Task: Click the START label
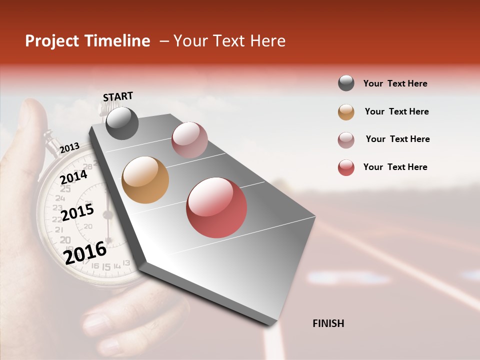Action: tap(118, 96)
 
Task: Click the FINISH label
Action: tap(328, 323)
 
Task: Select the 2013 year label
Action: tap(69, 147)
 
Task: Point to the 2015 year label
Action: tap(77, 212)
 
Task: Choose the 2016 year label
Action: tap(85, 252)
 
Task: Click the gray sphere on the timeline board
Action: tap(122, 123)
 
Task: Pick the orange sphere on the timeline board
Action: tap(145, 180)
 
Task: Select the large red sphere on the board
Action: tap(216, 207)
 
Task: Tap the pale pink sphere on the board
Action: tap(189, 140)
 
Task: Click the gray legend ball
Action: tap(346, 83)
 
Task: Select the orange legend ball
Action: tap(346, 111)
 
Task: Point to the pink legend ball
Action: tap(346, 139)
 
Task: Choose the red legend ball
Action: tap(346, 167)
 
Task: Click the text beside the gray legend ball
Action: tap(395, 83)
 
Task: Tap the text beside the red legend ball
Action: tap(395, 167)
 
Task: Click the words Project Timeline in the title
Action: tap(87, 41)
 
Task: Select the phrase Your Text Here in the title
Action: tap(229, 41)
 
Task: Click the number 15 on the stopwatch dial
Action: tap(106, 267)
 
